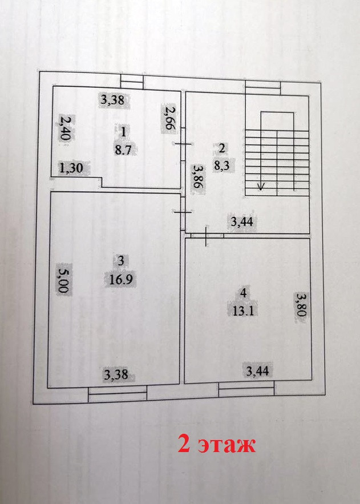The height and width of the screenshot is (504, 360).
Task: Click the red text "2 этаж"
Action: (x=216, y=445)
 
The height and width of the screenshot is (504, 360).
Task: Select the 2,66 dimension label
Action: (x=169, y=119)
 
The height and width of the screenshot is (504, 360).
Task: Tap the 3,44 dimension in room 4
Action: (x=257, y=372)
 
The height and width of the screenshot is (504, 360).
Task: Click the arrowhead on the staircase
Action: (x=261, y=186)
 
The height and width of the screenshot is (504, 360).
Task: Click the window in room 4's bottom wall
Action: (x=247, y=389)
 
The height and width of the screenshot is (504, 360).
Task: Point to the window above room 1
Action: (x=131, y=82)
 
